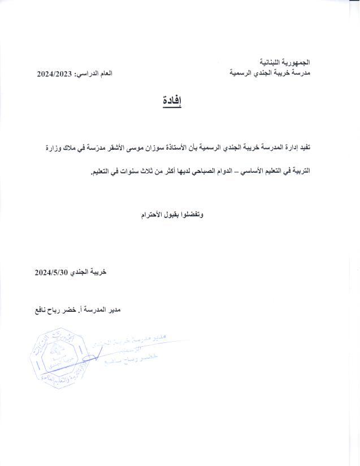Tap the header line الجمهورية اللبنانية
(286, 60)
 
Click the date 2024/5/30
(51, 272)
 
